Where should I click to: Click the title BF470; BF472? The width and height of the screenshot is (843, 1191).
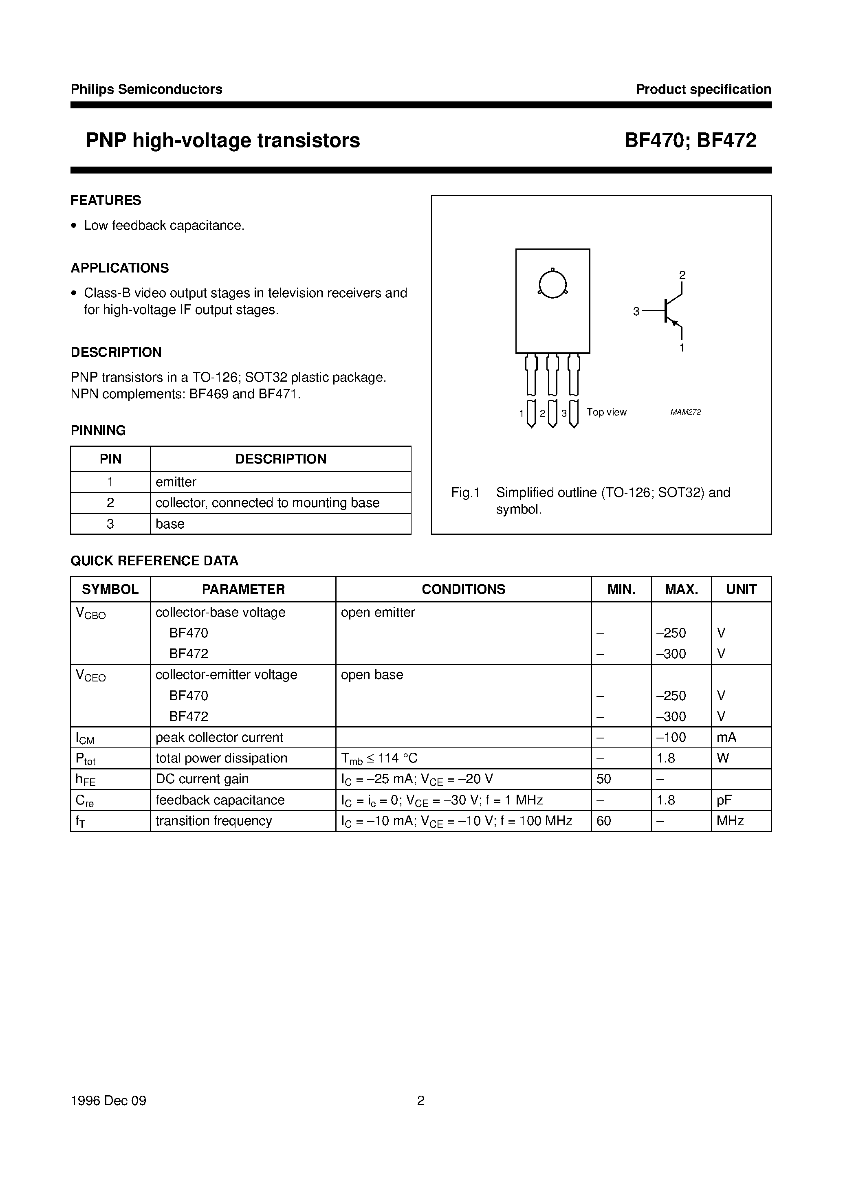coord(690,141)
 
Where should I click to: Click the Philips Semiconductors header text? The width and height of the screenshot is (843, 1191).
coord(146,89)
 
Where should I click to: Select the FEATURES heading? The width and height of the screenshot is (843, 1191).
coord(106,200)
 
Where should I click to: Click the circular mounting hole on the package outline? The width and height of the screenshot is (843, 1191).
coord(552,284)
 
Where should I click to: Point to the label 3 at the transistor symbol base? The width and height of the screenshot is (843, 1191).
coord(636,312)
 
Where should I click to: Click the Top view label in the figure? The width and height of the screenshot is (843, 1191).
coord(606,412)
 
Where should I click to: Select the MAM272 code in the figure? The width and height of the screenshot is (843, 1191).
coord(685,412)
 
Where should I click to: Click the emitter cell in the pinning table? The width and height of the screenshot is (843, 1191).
coord(176,482)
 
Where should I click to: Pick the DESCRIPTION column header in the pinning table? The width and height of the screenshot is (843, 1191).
coord(281,459)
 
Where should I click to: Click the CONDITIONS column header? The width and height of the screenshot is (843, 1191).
coord(463,589)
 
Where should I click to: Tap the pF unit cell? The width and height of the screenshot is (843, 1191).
coord(724,800)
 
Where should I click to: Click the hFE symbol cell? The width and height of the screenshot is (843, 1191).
coord(86,780)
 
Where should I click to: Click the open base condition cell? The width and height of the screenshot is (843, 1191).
coord(372,675)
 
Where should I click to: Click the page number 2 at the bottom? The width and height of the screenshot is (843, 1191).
coord(421,1100)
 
